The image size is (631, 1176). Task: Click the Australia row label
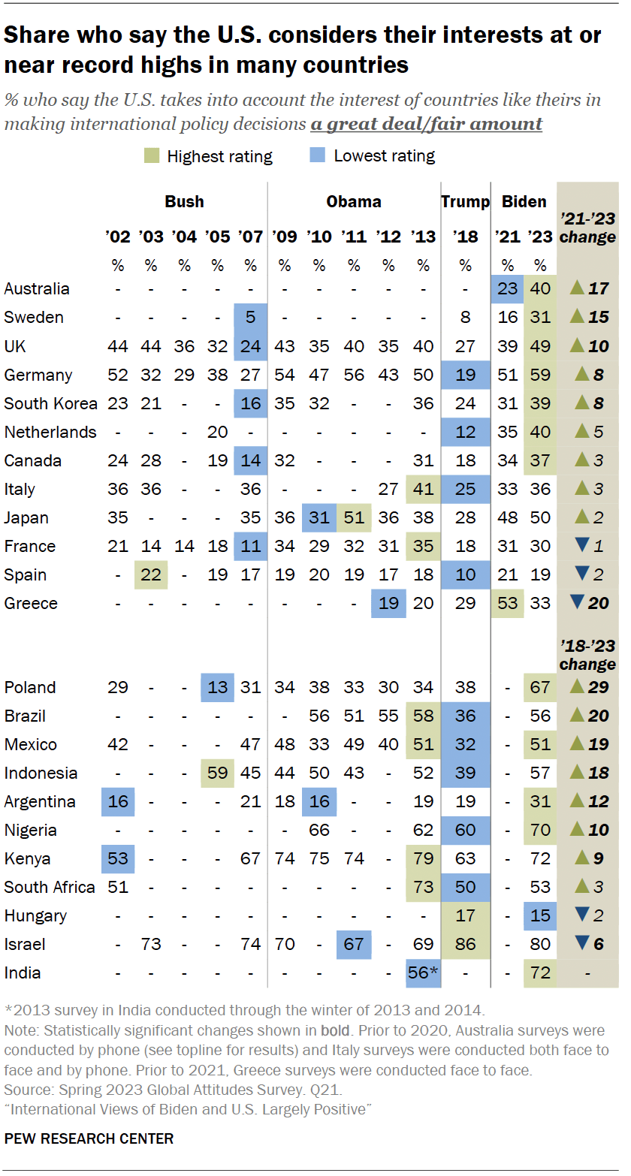[36, 289]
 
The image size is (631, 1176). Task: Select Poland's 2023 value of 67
[540, 688]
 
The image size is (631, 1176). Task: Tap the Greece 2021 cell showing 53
[507, 604]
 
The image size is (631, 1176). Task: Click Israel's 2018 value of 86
[465, 945]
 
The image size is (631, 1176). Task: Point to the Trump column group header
[465, 202]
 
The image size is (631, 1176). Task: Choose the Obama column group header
[353, 202]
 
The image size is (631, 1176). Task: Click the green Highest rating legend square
[150, 156]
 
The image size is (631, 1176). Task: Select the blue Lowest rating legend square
[318, 156]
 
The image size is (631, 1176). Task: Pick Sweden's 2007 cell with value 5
[250, 318]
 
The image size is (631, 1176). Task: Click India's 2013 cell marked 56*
[424, 973]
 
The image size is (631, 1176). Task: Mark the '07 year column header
[250, 238]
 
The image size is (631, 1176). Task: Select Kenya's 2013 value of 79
[424, 859]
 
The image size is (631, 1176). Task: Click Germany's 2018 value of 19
[465, 375]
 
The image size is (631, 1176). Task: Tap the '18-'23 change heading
[587, 656]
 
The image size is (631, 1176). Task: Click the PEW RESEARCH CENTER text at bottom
[89, 1139]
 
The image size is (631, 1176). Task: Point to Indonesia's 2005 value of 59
[217, 773]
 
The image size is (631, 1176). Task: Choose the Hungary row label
[35, 916]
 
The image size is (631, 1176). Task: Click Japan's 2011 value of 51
[354, 517]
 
